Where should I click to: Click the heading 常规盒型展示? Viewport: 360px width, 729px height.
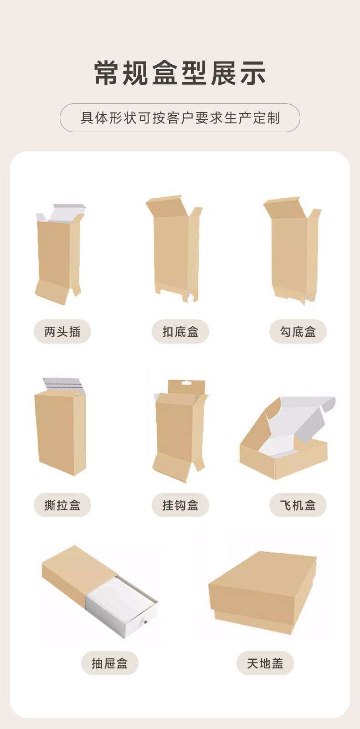[180, 73]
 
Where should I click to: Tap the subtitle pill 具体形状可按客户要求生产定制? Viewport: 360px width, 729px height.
[180, 118]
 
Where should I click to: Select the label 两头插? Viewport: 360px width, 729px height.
[62, 332]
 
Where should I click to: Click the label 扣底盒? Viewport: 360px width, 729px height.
[180, 332]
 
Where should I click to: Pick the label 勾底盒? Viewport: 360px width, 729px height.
[298, 332]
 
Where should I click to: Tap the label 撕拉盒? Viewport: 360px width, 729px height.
[62, 505]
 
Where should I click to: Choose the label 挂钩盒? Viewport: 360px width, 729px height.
[180, 505]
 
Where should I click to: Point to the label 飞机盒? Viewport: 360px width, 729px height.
[298, 505]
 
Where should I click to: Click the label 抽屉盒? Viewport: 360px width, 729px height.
[110, 663]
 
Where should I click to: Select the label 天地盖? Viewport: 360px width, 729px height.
[265, 663]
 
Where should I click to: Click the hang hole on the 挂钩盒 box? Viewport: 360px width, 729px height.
[186, 383]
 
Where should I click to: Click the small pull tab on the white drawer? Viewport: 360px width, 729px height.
[145, 622]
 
